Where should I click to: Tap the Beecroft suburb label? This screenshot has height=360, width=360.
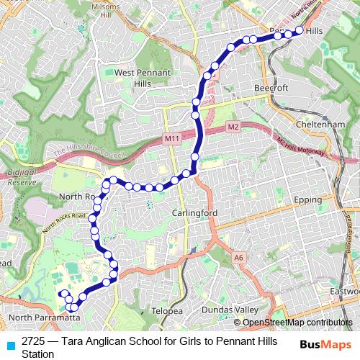click(270, 88)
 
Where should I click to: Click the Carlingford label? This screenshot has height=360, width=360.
click(195, 214)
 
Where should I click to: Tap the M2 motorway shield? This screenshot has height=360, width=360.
click(233, 127)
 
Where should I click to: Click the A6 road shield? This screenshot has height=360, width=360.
click(238, 256)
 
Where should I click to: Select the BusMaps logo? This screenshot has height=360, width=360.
click(325, 343)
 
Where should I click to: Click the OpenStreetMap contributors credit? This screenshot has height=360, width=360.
click(297, 323)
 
